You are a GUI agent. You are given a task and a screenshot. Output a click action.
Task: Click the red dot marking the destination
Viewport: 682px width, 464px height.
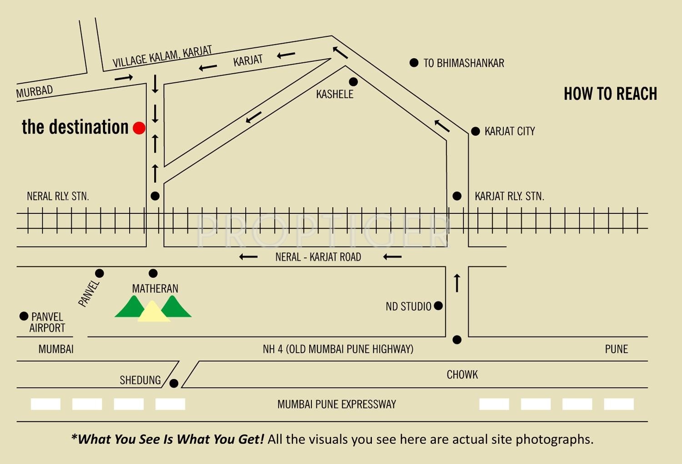point(139,128)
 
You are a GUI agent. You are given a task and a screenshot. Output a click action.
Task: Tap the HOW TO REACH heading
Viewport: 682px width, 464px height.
point(611,94)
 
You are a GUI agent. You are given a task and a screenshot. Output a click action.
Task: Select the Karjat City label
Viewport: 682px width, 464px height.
point(510,131)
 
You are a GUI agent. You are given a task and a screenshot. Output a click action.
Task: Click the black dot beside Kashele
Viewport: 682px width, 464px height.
point(353,81)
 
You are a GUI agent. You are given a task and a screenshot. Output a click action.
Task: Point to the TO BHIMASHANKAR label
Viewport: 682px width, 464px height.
point(464,63)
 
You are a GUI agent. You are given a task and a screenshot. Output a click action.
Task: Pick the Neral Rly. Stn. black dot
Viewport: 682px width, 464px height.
point(155,196)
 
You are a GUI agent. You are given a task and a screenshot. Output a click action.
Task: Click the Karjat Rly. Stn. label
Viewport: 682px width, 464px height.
point(509,196)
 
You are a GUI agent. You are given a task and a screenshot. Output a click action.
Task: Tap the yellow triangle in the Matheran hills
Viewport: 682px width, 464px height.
point(153,311)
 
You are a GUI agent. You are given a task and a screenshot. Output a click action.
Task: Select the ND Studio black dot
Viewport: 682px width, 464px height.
point(438,306)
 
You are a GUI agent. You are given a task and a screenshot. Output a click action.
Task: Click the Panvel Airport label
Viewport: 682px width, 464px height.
point(47,323)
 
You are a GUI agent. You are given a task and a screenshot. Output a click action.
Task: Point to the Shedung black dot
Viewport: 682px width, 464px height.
point(174,383)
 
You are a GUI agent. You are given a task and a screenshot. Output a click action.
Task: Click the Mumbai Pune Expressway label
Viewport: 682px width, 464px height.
point(336,404)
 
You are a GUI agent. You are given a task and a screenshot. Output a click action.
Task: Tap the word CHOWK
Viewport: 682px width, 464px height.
point(462,374)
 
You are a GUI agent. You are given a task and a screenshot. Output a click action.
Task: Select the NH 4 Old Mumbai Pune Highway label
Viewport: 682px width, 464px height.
point(338,349)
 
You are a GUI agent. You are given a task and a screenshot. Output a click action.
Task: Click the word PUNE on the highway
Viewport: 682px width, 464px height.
point(616,349)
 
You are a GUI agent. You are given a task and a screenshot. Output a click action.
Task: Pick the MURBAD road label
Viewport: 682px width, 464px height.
point(35,91)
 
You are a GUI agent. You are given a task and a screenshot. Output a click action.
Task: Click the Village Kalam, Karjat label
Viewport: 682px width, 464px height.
point(162,57)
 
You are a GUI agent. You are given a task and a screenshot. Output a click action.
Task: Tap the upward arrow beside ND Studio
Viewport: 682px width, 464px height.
point(457,283)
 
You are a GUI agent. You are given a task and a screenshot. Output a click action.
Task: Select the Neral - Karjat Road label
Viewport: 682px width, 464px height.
point(318,257)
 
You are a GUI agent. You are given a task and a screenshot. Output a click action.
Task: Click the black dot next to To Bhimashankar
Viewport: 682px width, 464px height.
point(414,63)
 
